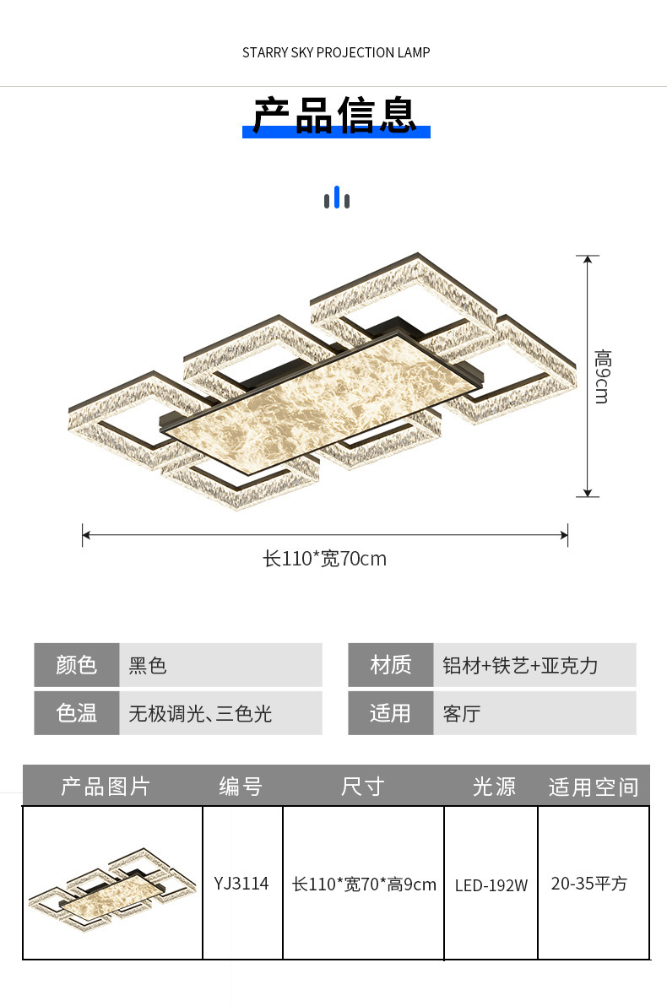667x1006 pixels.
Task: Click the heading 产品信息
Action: pyautogui.click(x=335, y=116)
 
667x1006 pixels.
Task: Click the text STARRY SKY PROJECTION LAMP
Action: pyautogui.click(x=336, y=53)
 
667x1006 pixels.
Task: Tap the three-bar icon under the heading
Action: pyautogui.click(x=336, y=198)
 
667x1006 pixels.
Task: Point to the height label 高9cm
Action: pyautogui.click(x=601, y=376)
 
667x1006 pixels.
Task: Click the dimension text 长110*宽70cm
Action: pyautogui.click(x=325, y=559)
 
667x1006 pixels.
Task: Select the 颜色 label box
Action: pyautogui.click(x=77, y=665)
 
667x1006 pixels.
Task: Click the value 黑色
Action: pyautogui.click(x=148, y=666)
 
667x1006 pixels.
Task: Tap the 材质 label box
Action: pyautogui.click(x=390, y=665)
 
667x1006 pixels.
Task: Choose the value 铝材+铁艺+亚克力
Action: pyautogui.click(x=520, y=666)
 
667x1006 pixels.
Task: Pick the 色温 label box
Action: pyautogui.click(x=77, y=713)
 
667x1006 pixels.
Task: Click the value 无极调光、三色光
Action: pyautogui.click(x=200, y=714)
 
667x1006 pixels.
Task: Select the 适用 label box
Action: pyautogui.click(x=390, y=713)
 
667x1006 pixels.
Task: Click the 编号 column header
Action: pyautogui.click(x=241, y=787)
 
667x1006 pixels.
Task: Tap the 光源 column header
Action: pyautogui.click(x=494, y=787)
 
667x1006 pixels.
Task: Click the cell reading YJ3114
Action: pyautogui.click(x=241, y=884)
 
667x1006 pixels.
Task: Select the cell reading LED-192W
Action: pyautogui.click(x=491, y=885)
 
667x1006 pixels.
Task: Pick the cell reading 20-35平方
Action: pyautogui.click(x=589, y=884)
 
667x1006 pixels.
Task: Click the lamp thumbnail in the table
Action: pyautogui.click(x=112, y=884)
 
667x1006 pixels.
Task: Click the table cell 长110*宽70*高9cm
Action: pyautogui.click(x=364, y=884)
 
